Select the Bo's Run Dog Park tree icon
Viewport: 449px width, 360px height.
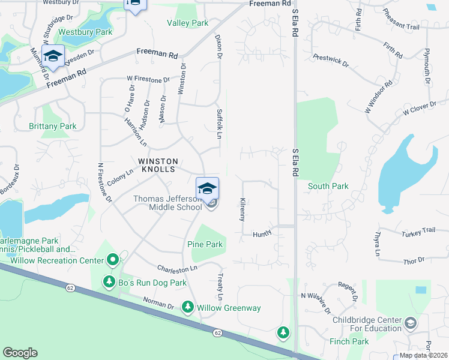click(x=109, y=281)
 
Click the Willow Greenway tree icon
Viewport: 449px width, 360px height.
click(x=187, y=307)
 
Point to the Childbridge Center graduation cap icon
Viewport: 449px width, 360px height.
click(x=411, y=323)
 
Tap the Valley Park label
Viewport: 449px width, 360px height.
click(x=188, y=23)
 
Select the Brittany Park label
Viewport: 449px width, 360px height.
click(x=53, y=126)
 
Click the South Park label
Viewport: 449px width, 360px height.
click(x=328, y=186)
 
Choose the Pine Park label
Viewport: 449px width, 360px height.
click(x=205, y=244)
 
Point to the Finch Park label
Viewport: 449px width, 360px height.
click(x=349, y=341)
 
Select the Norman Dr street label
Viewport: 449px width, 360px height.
click(x=158, y=303)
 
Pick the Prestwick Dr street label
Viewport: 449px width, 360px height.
click(x=330, y=60)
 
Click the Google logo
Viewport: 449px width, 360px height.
click(x=20, y=353)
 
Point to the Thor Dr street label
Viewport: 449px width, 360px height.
click(x=414, y=260)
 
